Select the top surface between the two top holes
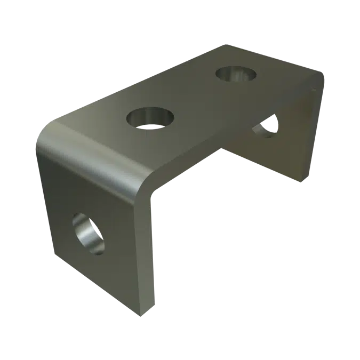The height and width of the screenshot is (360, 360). click(x=192, y=96)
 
